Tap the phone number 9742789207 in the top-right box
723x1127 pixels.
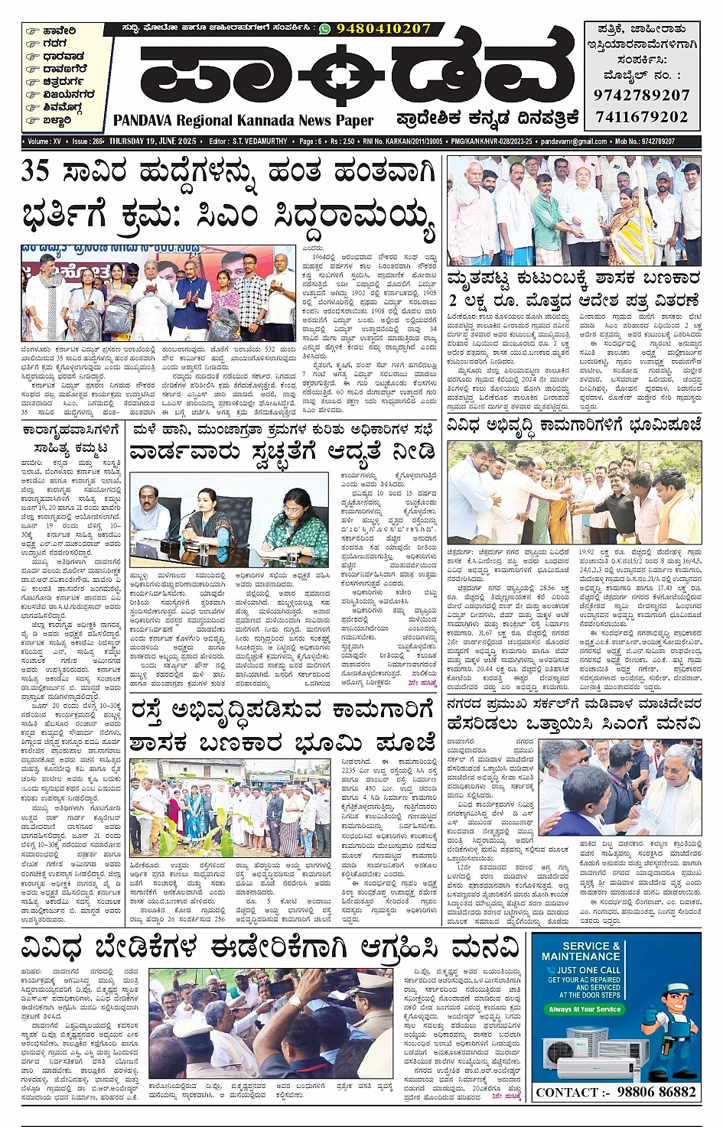point(642,95)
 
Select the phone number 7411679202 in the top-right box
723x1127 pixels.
point(642,117)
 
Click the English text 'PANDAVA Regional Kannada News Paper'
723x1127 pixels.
point(243,120)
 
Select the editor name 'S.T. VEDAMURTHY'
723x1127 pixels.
point(260,141)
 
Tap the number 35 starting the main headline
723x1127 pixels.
point(36,171)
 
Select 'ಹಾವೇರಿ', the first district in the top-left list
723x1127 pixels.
point(59,31)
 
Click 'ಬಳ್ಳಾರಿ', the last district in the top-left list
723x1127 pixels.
point(57,120)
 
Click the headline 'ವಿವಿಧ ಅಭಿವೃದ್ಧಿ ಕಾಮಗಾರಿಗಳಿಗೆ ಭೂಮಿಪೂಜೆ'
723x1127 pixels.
point(574,424)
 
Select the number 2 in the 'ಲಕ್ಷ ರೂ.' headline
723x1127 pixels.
point(453,300)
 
